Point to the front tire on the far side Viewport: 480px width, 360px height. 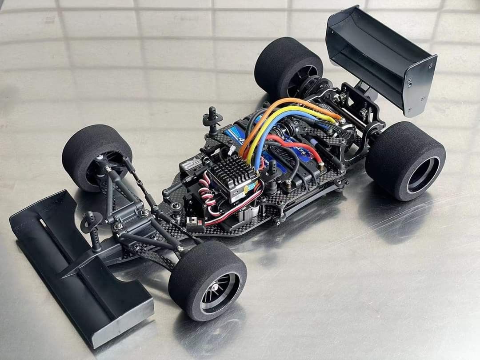point(96,156)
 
